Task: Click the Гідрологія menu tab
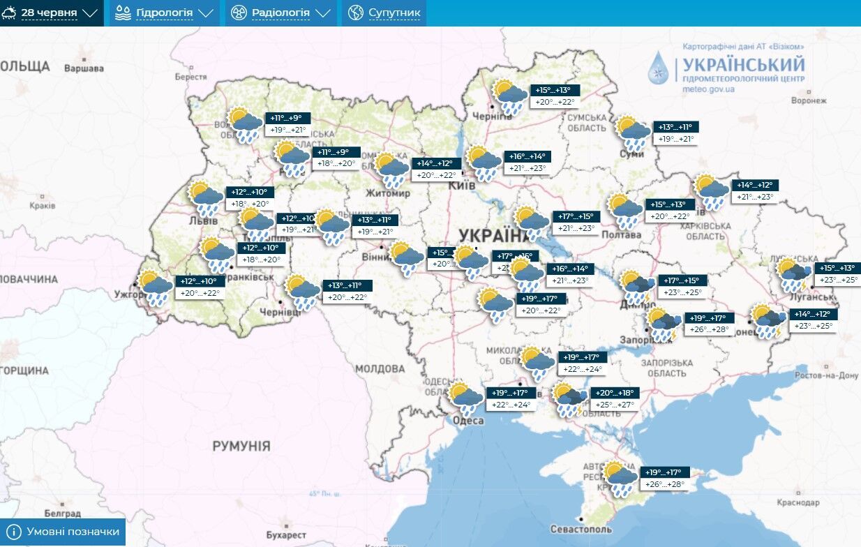click(164, 13)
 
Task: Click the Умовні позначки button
click(63, 532)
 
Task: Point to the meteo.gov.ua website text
click(708, 89)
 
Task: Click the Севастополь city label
click(581, 530)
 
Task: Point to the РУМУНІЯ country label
click(241, 445)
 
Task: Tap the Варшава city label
click(84, 68)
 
